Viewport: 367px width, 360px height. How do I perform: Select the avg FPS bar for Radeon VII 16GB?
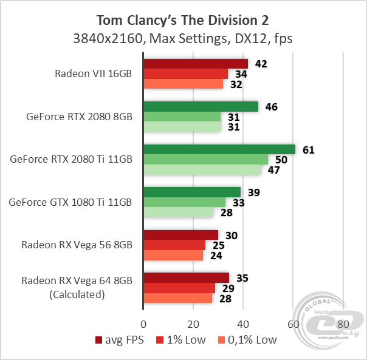click(195, 64)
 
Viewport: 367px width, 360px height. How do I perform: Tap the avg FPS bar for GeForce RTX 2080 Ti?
click(219, 149)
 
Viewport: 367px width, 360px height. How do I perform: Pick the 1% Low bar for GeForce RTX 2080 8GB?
click(182, 117)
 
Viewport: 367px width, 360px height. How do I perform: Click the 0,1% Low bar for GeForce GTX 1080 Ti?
click(178, 212)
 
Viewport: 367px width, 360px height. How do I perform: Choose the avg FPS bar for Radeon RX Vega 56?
click(180, 235)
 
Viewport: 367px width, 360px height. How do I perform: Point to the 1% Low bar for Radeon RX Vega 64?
click(179, 288)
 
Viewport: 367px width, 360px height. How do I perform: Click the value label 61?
click(308, 149)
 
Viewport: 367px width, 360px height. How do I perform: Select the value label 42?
click(261, 64)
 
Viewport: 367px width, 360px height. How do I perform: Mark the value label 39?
click(254, 192)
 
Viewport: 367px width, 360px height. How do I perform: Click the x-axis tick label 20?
click(193, 323)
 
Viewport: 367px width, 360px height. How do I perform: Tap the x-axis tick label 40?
click(243, 323)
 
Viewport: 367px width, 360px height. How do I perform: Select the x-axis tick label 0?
click(143, 323)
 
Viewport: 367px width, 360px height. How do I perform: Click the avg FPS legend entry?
click(119, 339)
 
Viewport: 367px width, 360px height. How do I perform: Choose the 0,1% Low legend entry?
click(249, 339)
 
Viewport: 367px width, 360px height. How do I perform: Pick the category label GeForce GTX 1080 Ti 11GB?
click(70, 202)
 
